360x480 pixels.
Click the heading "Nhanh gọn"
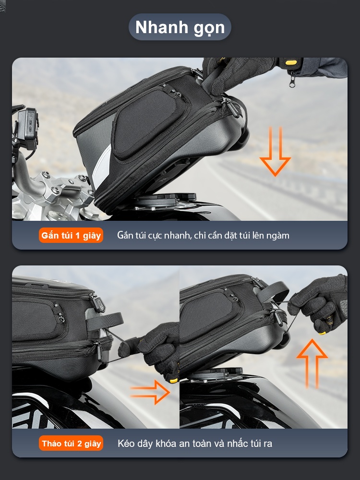(180, 27)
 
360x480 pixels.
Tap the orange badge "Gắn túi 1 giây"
(71, 235)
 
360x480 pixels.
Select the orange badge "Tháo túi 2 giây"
(71, 443)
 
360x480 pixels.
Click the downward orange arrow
(275, 151)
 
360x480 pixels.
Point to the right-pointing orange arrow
(150, 392)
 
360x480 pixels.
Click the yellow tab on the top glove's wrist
(291, 62)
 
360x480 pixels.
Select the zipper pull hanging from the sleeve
(292, 79)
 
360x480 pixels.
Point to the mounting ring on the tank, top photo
(167, 199)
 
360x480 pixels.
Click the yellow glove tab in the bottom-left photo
(174, 380)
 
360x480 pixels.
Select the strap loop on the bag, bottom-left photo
(105, 321)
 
